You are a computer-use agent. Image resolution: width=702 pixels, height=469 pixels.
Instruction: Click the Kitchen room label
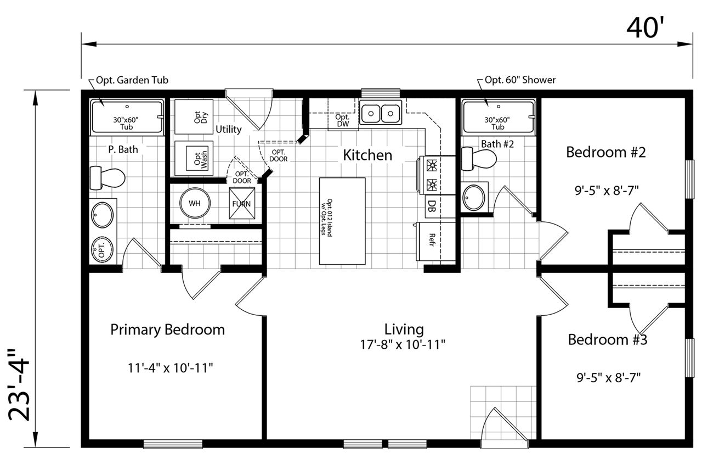pos(367,155)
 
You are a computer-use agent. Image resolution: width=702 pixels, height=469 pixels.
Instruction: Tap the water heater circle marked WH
pos(195,203)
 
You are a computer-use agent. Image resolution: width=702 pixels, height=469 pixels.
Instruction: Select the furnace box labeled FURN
pos(242,203)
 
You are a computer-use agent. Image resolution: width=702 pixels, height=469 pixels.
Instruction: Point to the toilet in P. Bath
pos(107,178)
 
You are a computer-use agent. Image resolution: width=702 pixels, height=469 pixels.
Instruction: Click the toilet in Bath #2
pos(479,159)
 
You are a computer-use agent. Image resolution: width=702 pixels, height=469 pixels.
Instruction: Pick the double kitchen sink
pos(381,113)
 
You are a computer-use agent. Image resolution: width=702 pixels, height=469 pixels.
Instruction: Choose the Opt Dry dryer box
pos(194,117)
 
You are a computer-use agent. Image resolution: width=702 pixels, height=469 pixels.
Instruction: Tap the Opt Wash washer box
pos(194,158)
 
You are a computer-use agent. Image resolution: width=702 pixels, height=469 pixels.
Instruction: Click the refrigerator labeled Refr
pos(435,242)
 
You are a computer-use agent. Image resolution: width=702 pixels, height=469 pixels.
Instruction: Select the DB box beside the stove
pos(440,206)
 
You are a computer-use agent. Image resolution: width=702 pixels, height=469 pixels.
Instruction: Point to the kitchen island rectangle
pos(342,221)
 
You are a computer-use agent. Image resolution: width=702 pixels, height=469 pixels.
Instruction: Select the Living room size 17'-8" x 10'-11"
pos(403,345)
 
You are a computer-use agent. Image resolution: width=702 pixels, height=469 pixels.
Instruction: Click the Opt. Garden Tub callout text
pos(132,80)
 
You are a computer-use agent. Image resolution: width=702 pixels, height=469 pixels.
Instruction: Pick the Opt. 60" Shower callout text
pos(520,80)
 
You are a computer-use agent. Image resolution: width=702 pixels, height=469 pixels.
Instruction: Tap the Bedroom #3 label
pos(608,339)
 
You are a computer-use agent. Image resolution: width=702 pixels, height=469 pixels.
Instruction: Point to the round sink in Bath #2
pos(474,198)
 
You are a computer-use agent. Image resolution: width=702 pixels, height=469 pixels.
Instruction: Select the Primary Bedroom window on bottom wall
pos(173,444)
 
